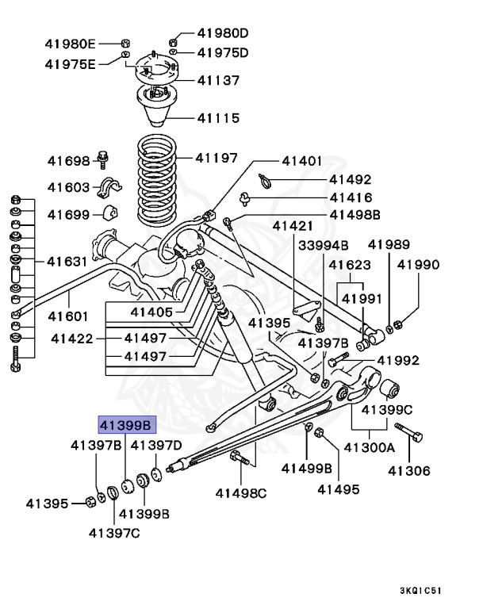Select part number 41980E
pos(70,43)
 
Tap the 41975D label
pos(223,53)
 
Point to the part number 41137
pos(218,80)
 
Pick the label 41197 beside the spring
pos(217,159)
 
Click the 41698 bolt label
pos(69,161)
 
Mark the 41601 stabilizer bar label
pos(70,316)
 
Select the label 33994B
pos(323,245)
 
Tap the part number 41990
pos(418,266)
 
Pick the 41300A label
pos(369,447)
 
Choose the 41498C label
pos(241,493)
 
